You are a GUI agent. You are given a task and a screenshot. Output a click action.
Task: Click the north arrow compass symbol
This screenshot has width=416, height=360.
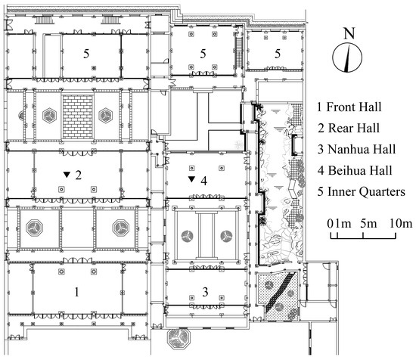(347, 57)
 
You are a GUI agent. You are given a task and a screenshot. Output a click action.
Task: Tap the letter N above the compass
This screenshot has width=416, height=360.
(349, 33)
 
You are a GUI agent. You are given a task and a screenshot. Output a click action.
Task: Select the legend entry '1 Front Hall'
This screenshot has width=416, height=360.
(349, 107)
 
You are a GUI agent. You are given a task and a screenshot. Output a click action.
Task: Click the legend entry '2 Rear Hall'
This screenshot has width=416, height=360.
(349, 129)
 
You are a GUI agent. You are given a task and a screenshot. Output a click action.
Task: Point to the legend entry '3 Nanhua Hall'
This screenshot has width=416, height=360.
(356, 149)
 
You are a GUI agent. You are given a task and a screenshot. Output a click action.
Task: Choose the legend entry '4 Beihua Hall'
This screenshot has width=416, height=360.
(355, 170)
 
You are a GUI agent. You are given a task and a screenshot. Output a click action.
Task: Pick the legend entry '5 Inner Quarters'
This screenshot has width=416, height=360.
(362, 192)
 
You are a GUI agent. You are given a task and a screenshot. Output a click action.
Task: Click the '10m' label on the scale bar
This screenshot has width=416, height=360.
(401, 224)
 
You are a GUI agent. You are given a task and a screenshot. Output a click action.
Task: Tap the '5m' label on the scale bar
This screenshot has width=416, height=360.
(368, 224)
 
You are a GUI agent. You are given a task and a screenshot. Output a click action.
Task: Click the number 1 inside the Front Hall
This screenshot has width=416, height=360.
(76, 292)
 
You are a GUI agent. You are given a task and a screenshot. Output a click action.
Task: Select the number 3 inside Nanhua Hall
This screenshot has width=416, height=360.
(205, 292)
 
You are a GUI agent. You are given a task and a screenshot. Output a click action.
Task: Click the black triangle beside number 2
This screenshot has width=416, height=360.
(67, 175)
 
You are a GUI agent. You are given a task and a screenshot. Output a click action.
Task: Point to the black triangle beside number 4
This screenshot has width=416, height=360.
(192, 179)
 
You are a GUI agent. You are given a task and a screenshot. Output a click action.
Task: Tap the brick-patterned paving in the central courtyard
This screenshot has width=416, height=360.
(78, 116)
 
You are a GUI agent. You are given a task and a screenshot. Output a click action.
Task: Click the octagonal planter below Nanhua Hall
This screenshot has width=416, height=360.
(179, 337)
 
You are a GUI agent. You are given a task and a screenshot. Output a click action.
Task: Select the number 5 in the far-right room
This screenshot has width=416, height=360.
(278, 54)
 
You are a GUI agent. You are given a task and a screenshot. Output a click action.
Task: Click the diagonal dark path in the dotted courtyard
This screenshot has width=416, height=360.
(281, 292)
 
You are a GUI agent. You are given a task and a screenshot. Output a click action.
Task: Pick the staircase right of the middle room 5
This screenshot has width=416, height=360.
(239, 52)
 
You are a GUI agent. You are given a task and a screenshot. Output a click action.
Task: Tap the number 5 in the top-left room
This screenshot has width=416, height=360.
(86, 54)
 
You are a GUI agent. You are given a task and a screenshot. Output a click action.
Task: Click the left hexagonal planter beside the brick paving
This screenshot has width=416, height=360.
(49, 116)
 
